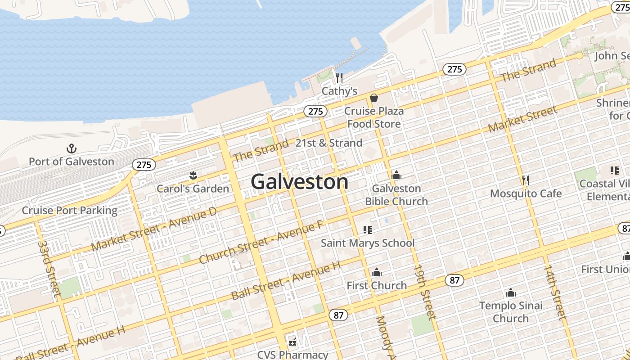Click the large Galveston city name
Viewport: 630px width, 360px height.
299,182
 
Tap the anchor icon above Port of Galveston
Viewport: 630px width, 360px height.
71,148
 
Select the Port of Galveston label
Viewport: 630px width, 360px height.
71,161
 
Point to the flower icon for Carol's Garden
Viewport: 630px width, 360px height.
193,175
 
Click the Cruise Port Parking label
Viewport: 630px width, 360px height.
70,210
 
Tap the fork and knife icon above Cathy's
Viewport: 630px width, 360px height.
339,78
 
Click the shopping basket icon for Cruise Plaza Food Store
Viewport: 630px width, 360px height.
374,97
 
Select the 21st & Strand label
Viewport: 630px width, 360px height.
328,143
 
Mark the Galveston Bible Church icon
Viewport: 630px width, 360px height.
396,175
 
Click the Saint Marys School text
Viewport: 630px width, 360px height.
368,243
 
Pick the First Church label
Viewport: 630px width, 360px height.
377,285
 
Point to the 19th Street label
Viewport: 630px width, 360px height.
425,292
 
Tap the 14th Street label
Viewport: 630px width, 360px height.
554,292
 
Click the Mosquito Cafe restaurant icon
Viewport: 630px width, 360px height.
525,180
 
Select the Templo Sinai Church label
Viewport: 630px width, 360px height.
511,312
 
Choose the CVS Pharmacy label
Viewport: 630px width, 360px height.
292,355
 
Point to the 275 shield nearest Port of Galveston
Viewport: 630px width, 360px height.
144,165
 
